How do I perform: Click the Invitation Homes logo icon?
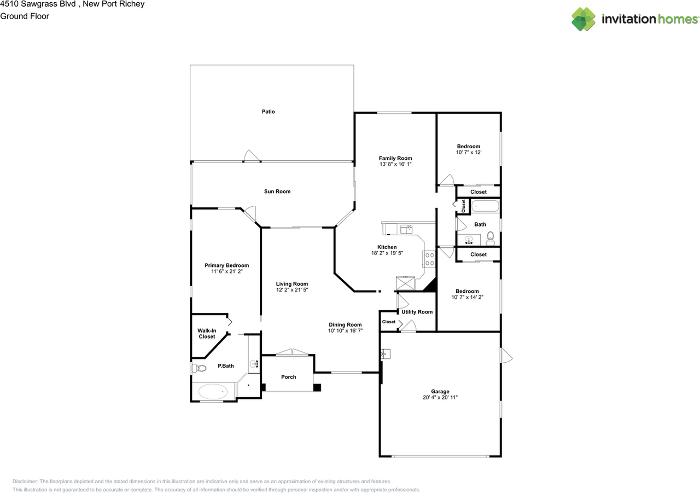tap(584, 19)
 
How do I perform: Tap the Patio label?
tap(268, 112)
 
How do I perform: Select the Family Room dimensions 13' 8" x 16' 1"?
tap(395, 164)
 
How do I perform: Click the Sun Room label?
tap(277, 192)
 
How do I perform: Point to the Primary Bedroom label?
tap(226, 265)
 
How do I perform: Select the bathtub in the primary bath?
tap(213, 391)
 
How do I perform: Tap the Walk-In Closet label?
tap(207, 333)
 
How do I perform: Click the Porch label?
tap(288, 377)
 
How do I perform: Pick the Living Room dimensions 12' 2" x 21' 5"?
tap(292, 290)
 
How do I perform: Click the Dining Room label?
tap(345, 324)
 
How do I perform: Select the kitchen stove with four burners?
tap(429, 258)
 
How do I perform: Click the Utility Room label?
tap(417, 312)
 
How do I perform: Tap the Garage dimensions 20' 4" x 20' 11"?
tap(440, 397)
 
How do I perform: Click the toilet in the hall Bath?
tap(490, 236)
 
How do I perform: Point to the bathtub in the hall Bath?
tap(485, 207)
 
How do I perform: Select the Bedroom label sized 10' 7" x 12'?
tap(469, 146)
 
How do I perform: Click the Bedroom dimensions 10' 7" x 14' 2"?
tap(467, 297)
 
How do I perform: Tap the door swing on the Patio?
tap(251, 156)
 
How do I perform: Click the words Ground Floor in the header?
tap(25, 16)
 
